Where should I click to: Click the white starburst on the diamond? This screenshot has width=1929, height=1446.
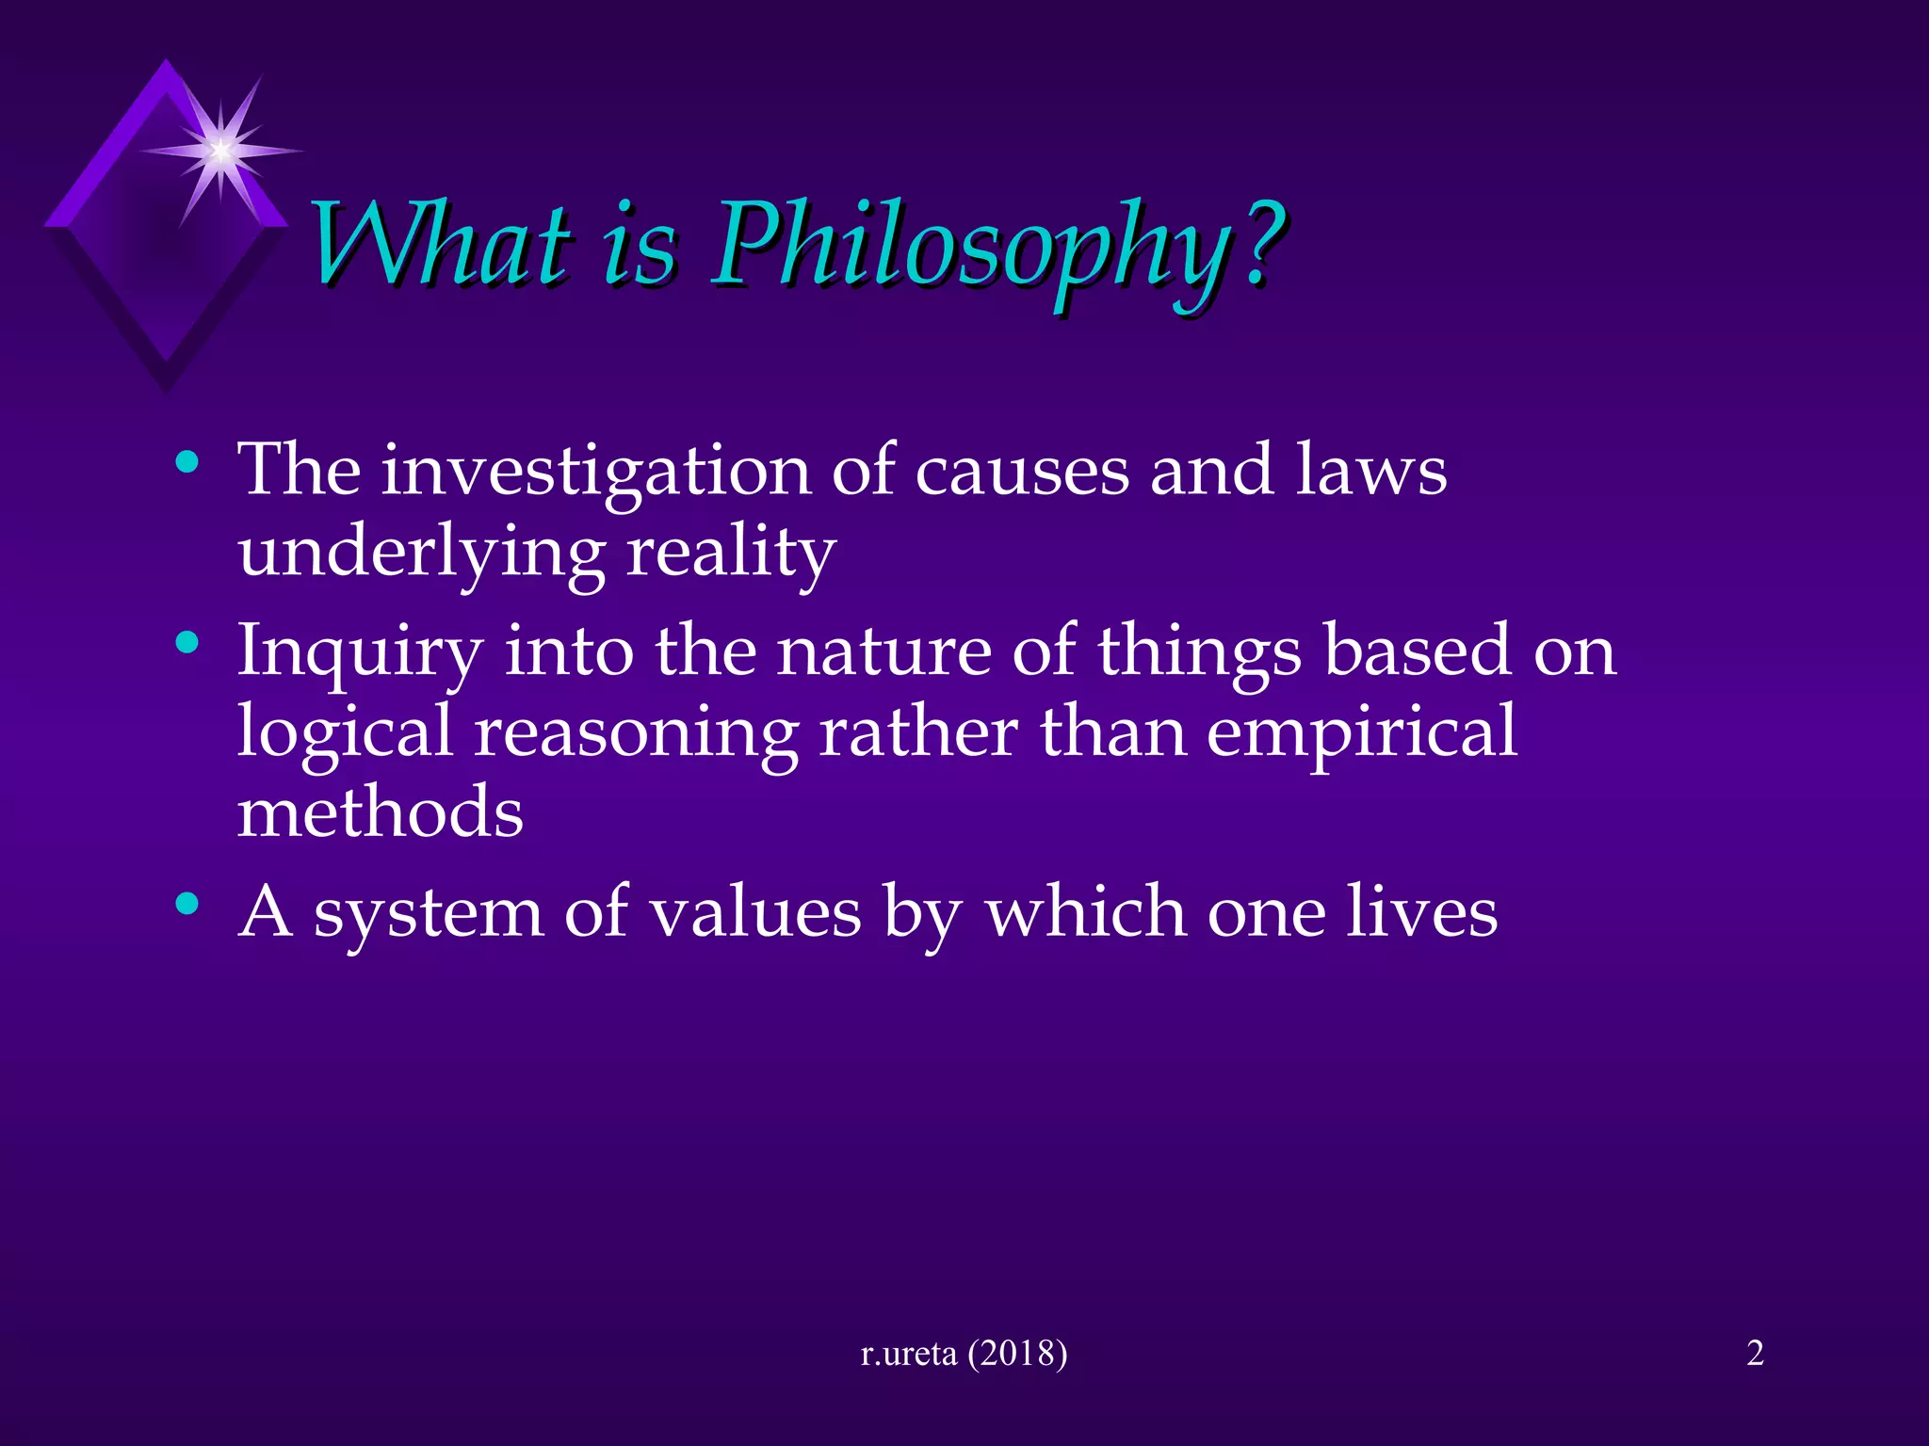point(220,150)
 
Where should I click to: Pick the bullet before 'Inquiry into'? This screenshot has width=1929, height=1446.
point(187,644)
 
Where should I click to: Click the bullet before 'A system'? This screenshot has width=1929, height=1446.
point(187,905)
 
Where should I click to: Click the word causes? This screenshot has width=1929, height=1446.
point(1022,471)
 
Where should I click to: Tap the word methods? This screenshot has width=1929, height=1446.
point(381,813)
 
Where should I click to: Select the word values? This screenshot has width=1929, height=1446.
point(756,913)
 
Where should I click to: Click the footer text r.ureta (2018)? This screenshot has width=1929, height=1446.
point(964,1353)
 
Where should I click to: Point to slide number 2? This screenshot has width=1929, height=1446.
point(1755,1353)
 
